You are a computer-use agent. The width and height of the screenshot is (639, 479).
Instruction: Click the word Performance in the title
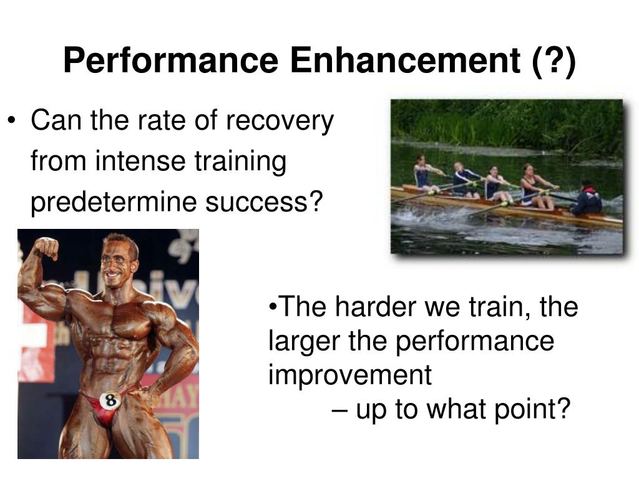coord(170,61)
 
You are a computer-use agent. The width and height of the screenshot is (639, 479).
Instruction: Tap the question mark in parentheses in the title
coord(554,61)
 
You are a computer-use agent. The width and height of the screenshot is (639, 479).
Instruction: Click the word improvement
coord(349,375)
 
